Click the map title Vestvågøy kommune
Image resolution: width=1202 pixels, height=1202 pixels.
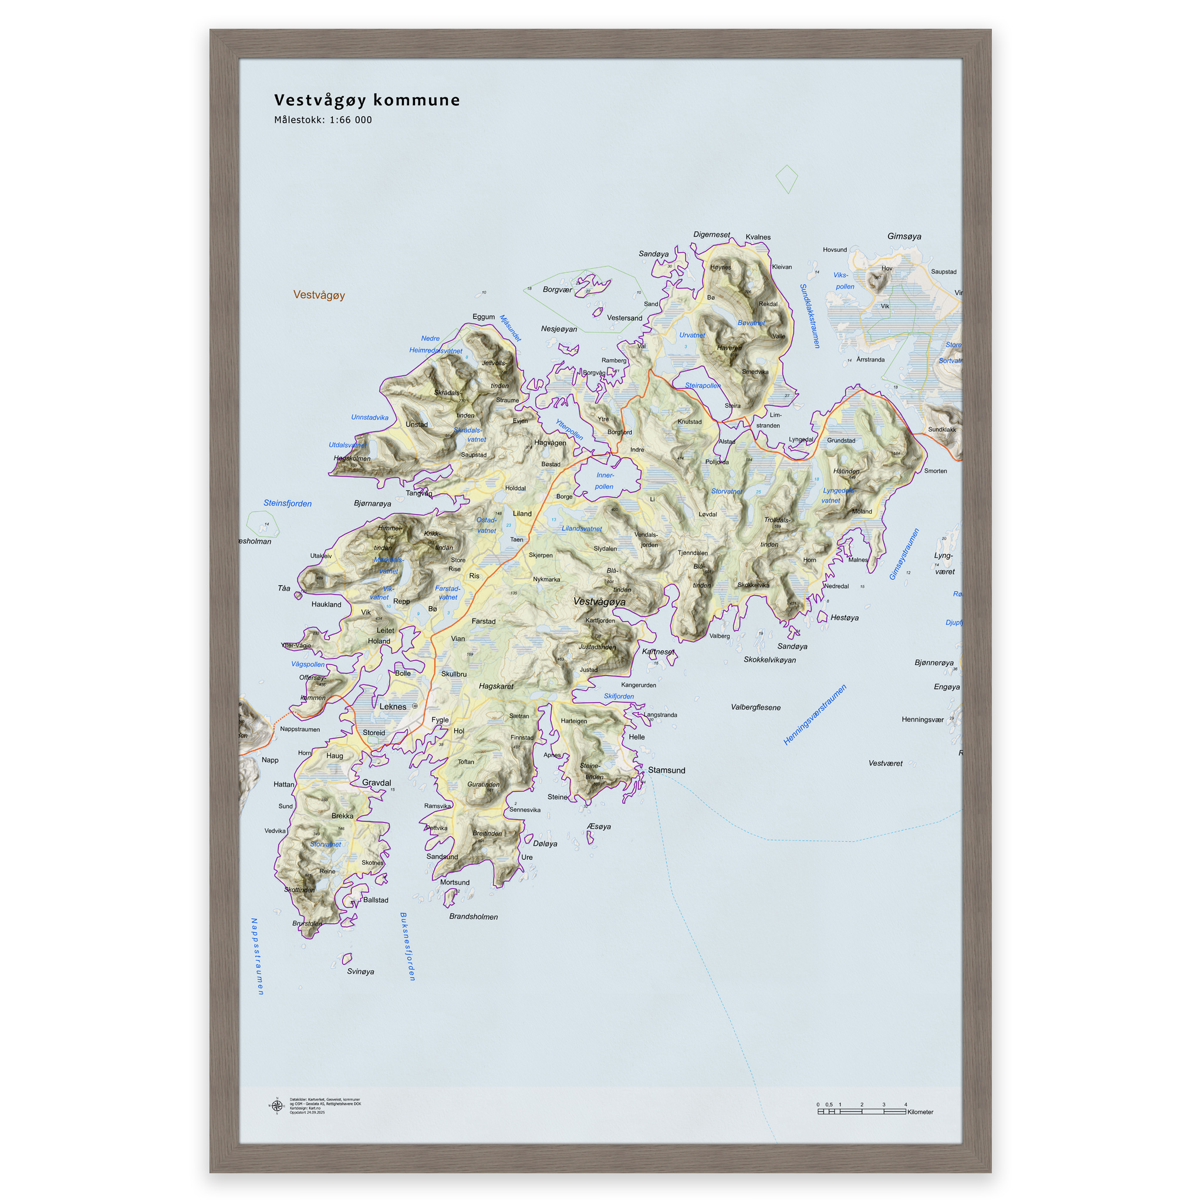click(366, 100)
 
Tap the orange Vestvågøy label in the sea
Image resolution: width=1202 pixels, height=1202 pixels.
click(319, 295)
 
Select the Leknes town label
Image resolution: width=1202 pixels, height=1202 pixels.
click(393, 707)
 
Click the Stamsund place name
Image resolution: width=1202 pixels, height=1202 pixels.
click(666, 770)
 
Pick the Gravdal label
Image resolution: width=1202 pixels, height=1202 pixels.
click(376, 783)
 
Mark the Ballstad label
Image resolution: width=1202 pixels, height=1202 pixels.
click(375, 900)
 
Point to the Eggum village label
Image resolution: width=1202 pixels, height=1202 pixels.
click(484, 317)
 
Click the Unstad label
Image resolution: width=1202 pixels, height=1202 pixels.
click(416, 424)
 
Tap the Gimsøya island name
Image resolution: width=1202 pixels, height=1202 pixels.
click(904, 237)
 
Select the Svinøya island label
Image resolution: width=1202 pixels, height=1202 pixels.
click(360, 971)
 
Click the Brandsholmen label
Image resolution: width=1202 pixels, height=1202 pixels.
click(473, 916)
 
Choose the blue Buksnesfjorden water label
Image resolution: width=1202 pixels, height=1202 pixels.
click(407, 946)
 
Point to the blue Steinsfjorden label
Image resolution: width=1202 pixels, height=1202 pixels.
click(288, 504)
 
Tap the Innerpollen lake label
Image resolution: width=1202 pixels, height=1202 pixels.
click(604, 481)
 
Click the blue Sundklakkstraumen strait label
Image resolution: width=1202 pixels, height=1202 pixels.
click(809, 315)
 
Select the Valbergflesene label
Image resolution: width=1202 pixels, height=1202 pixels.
click(755, 707)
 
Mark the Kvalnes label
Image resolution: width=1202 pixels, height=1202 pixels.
click(758, 237)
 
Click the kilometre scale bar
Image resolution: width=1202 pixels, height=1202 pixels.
click(861, 1112)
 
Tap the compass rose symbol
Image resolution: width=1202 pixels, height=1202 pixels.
click(277, 1106)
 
